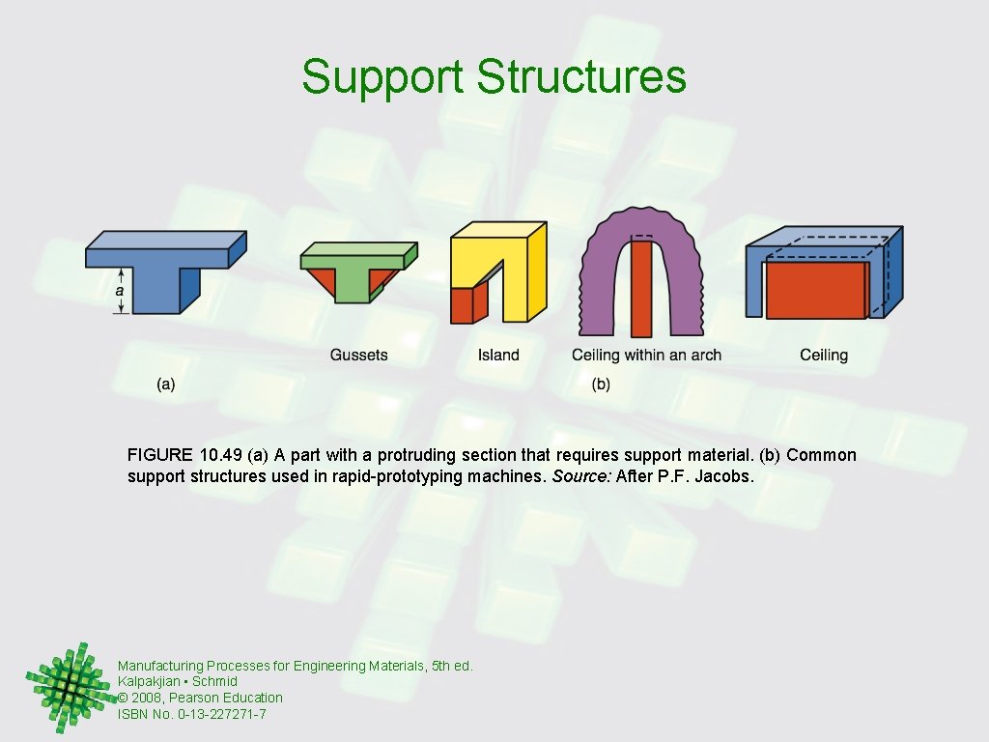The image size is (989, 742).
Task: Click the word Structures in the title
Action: tap(581, 77)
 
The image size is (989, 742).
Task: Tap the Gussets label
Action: tap(358, 356)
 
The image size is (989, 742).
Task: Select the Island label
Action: tap(498, 356)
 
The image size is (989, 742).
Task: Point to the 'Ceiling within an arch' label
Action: tap(646, 356)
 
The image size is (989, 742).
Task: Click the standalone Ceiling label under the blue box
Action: tap(824, 356)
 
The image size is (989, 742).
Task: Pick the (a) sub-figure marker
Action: tap(166, 385)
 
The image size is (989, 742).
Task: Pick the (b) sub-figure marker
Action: tap(601, 385)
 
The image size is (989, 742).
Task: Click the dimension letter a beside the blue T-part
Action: tap(120, 289)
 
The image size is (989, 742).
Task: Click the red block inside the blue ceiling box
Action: tap(816, 290)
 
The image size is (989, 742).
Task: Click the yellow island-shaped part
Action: tap(512, 261)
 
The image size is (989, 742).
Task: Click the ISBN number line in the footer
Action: tap(192, 714)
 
